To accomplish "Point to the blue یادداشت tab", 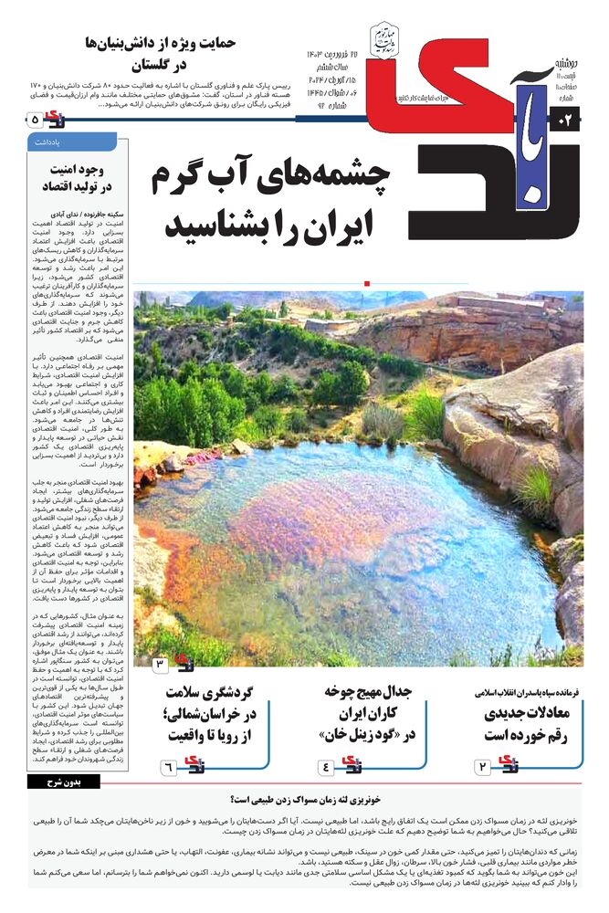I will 72,142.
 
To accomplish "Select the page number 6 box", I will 169,766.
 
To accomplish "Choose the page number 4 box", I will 326,766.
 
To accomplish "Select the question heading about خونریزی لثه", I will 305,798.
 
